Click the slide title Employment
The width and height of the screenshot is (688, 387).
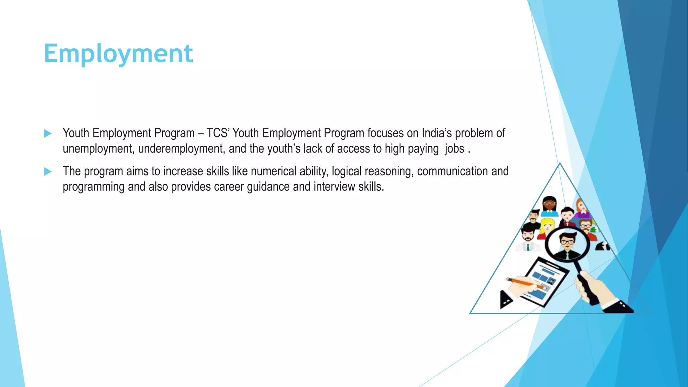(118, 54)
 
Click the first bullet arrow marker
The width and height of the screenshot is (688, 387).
(48, 133)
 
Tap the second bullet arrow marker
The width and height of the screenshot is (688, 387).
(48, 172)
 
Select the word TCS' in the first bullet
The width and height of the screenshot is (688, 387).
(218, 133)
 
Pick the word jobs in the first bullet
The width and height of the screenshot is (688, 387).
(454, 149)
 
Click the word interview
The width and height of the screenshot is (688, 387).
(334, 187)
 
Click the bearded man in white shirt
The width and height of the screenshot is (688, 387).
(528, 237)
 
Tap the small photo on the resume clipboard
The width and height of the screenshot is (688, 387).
(551, 281)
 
